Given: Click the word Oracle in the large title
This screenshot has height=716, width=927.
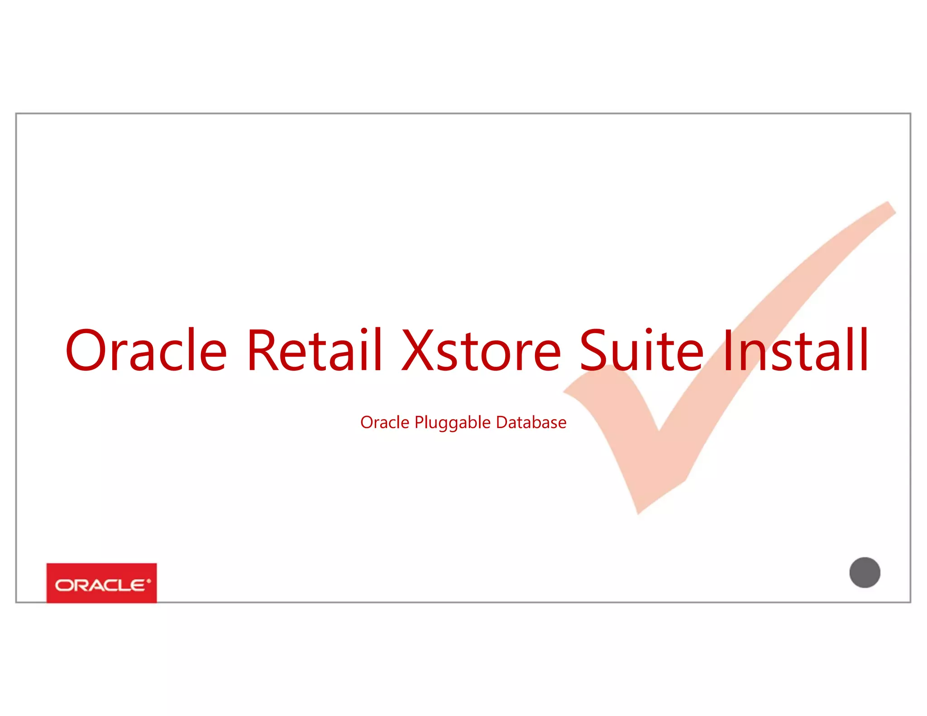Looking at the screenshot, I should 146,350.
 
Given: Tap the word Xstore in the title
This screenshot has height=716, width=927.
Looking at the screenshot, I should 482,350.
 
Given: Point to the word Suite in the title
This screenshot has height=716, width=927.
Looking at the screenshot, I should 641,350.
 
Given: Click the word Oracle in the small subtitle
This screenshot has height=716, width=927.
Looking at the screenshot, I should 385,422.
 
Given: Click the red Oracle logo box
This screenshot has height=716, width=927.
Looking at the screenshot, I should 101,583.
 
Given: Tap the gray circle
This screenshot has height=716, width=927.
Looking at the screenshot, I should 865,573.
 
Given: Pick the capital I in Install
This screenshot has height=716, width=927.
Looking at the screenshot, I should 727,350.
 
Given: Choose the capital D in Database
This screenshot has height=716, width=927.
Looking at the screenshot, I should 502,422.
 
